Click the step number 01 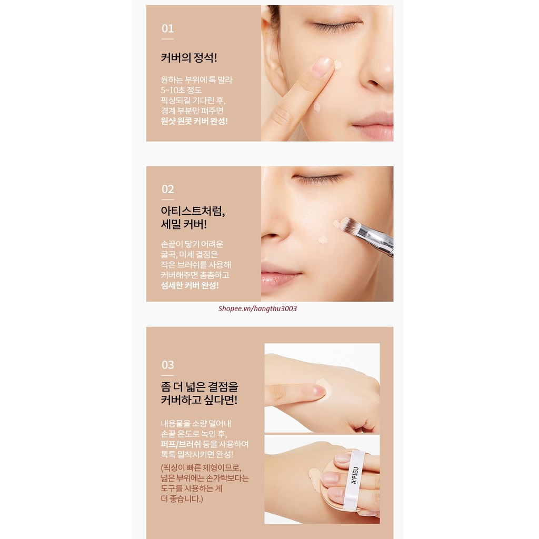pyautogui.click(x=167, y=28)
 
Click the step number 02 pyautogui.click(x=167, y=189)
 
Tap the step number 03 pyautogui.click(x=167, y=365)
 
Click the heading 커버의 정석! pyautogui.click(x=188, y=57)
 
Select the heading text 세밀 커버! pyautogui.click(x=184, y=225)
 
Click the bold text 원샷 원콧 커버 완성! pyautogui.click(x=194, y=121)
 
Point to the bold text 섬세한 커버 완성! pyautogui.click(x=189, y=285)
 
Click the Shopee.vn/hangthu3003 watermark pyautogui.click(x=257, y=308)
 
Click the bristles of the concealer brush pyautogui.click(x=347, y=225)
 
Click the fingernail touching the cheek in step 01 pyautogui.click(x=322, y=66)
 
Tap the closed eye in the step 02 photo pyautogui.click(x=318, y=179)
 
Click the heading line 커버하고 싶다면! pyautogui.click(x=199, y=400)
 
